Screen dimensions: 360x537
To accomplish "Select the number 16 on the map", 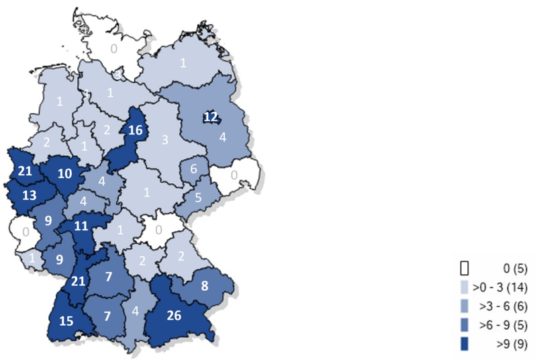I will [135, 130].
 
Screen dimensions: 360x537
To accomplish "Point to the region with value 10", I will [65, 173].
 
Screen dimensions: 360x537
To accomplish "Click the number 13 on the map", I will [30, 195].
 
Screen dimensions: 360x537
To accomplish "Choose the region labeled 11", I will [81, 226].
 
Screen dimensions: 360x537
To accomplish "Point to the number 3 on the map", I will [165, 140].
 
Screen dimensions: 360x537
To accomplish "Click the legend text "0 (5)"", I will [511, 269].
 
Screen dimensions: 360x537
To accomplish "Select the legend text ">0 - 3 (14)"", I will [499, 288].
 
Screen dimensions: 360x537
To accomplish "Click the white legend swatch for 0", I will [463, 269].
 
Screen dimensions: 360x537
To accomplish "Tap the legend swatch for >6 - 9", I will [463, 327].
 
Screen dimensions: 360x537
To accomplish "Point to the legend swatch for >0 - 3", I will [463, 288].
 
